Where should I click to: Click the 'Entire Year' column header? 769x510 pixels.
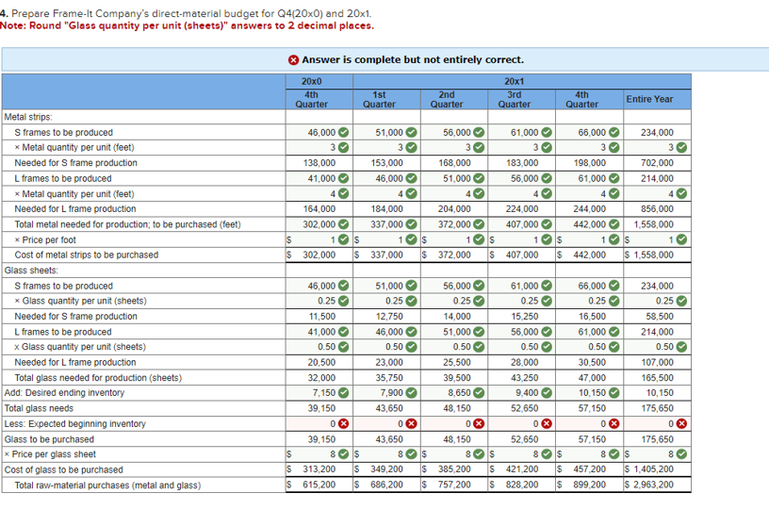click(x=649, y=98)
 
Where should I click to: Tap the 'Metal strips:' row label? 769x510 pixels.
click(x=29, y=117)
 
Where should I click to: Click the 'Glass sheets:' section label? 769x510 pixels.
click(x=31, y=270)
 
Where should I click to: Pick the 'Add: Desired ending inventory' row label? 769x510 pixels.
click(x=64, y=392)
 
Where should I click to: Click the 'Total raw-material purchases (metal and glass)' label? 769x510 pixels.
click(x=107, y=485)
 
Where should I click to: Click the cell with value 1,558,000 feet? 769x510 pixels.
click(x=653, y=224)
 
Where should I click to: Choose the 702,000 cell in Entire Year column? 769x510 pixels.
click(x=658, y=163)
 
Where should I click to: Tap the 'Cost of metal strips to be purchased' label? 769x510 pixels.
click(x=87, y=255)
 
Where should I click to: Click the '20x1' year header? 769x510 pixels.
click(x=515, y=82)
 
